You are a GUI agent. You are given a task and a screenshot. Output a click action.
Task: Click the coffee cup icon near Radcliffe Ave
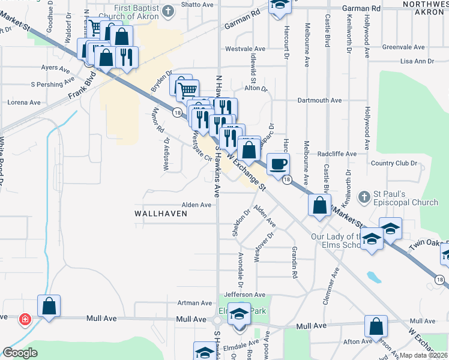[x=277, y=164]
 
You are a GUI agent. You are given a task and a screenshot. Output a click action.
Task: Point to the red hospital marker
[x=26, y=319]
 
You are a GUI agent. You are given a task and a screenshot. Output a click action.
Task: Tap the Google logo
[x=20, y=353]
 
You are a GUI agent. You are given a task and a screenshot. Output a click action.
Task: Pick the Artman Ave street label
[x=194, y=304]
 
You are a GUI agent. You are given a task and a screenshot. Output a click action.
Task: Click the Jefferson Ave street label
[x=244, y=295]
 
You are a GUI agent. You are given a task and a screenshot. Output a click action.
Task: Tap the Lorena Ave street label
[x=24, y=103]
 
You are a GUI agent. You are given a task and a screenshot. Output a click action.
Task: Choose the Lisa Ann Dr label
[x=417, y=61]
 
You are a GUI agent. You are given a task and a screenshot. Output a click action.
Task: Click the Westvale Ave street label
[x=245, y=49]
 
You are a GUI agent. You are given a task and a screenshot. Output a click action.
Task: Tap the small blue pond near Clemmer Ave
[x=373, y=277]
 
